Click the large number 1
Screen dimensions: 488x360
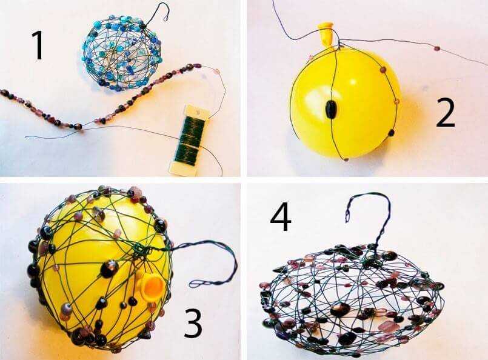(x=38, y=45)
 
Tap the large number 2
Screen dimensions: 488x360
(x=446, y=113)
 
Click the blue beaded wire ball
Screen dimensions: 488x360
(x=122, y=55)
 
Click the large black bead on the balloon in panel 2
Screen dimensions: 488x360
(x=330, y=110)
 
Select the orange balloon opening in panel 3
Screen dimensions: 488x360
(x=152, y=285)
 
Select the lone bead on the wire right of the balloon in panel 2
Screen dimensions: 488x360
(x=438, y=48)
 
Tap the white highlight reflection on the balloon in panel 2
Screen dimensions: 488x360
(x=353, y=82)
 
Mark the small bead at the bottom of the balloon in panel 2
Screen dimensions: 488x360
(x=346, y=159)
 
